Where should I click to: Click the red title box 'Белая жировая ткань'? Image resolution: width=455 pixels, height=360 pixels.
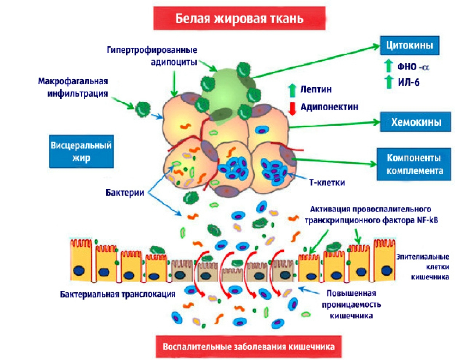coord(239,18)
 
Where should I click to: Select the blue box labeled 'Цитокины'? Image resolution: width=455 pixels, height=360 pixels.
coord(409,46)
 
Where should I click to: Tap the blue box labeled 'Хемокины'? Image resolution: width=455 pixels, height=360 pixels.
coord(416,122)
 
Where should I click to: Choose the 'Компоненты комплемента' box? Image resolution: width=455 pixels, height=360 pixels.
coord(414,164)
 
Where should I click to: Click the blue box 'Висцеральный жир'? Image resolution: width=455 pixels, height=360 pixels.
coord(81,152)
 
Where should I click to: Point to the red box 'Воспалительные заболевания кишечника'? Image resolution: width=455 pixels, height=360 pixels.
coord(248,347)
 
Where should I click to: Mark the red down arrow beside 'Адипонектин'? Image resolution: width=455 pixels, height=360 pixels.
coord(293,108)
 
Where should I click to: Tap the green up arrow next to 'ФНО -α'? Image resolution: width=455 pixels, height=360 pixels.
coord(388,66)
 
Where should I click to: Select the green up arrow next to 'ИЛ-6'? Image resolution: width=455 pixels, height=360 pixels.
coord(388,82)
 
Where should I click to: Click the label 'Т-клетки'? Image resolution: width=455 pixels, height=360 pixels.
coord(327,182)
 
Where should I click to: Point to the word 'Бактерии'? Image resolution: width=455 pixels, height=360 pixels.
coord(125,192)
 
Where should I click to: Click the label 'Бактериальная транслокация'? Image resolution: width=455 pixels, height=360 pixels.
coord(118,294)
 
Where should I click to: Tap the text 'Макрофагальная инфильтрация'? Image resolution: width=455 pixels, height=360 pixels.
coord(74,87)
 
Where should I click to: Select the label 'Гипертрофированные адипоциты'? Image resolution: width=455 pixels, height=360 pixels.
coord(152,56)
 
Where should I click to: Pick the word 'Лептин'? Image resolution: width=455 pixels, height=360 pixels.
coord(316,89)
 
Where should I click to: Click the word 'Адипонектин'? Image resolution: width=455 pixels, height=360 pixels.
coord(329,107)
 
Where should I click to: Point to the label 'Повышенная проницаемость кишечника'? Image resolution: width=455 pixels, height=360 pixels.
coord(351,304)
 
